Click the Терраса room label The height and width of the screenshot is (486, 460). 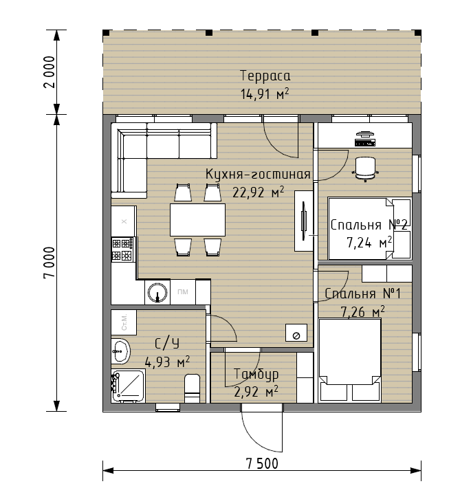[x=265, y=76]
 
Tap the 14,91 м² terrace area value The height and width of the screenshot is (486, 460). [x=265, y=93]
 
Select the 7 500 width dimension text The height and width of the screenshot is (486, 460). [x=262, y=464]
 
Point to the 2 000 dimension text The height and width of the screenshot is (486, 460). [x=50, y=72]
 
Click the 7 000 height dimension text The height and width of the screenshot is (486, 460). [x=50, y=263]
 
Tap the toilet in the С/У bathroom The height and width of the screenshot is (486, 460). [x=193, y=388]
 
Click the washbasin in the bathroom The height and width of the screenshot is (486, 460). [x=120, y=351]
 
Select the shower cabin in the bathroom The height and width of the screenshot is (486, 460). [x=128, y=386]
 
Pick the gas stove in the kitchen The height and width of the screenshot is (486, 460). [x=123, y=250]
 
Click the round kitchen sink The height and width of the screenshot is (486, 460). [x=157, y=292]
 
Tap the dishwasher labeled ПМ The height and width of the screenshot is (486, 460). [x=183, y=291]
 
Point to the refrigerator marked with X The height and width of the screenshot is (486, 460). [x=124, y=221]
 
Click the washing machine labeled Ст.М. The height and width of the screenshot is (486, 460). [x=124, y=322]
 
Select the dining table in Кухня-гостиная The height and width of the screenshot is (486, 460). [x=197, y=220]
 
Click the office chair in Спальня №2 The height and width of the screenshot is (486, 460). [x=366, y=169]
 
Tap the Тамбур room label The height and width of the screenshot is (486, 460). [x=256, y=374]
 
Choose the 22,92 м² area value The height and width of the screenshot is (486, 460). [x=259, y=192]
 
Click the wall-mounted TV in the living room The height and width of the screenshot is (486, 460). [x=304, y=221]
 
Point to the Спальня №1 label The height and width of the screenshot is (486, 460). [x=362, y=294]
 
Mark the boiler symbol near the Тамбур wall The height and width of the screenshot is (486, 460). [x=296, y=333]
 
